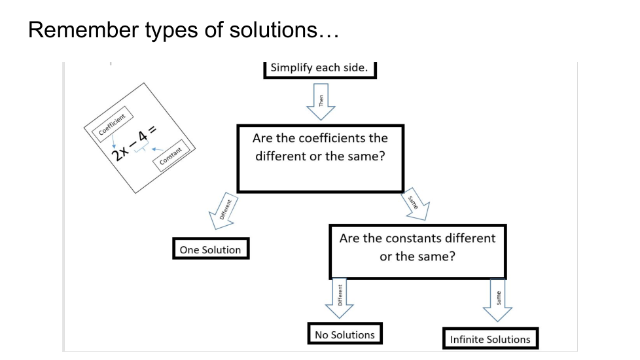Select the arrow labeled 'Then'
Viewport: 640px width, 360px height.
point(321,102)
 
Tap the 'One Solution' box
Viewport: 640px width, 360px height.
point(210,249)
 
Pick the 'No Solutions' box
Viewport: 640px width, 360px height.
point(344,334)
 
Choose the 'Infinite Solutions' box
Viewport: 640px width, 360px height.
point(490,339)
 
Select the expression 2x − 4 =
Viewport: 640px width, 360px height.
point(134,145)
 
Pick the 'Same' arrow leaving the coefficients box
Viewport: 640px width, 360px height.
point(417,206)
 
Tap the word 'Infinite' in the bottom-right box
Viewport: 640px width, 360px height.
point(468,339)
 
